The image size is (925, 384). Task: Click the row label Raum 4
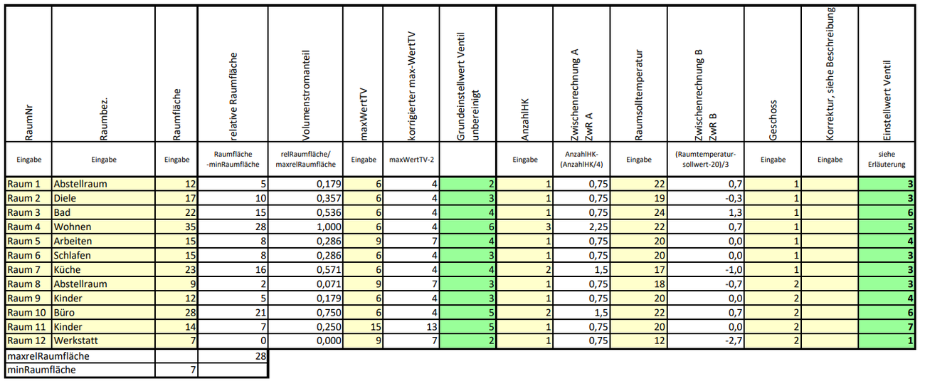point(24,227)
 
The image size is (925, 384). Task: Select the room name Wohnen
point(73,227)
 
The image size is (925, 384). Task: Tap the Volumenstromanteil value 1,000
point(329,227)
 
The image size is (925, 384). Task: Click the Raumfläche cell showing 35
point(190,227)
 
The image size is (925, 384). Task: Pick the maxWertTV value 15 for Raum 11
point(376,327)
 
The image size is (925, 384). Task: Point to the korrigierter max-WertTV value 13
point(431,327)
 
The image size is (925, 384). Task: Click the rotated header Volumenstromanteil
point(306,95)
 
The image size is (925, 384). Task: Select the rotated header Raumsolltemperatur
point(639,95)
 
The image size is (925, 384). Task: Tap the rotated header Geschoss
point(773,120)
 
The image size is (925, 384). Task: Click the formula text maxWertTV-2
point(411,160)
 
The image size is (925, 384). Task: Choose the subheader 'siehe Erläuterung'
point(887,159)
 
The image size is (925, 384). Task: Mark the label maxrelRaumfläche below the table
point(48,356)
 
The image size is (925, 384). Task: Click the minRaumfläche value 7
point(193,370)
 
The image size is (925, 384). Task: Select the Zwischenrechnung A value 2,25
point(598,227)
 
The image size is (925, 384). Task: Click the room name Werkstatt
point(75,341)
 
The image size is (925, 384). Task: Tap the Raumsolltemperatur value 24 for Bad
point(660,212)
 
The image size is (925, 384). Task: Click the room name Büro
point(64,313)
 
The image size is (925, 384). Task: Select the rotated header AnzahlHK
point(525,120)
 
